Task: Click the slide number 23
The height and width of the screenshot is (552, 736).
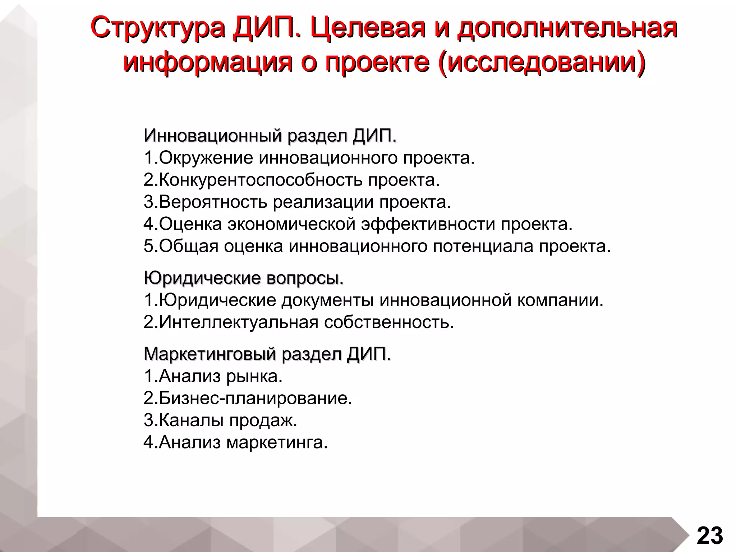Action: coord(710,536)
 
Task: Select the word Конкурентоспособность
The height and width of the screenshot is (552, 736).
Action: coord(261,180)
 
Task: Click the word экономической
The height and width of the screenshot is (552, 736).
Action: coord(291,224)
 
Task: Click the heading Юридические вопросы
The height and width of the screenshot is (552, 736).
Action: coord(243,278)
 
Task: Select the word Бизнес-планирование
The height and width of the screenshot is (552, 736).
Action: coord(255,398)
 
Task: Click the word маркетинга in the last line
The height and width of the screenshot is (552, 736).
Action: coord(277,442)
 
